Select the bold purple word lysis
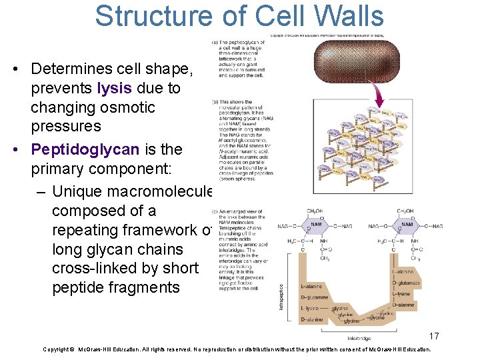click(x=117, y=88)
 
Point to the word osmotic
click(x=127, y=107)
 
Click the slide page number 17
click(x=433, y=336)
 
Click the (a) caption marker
click(x=216, y=43)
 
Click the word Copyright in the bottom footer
click(x=58, y=349)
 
